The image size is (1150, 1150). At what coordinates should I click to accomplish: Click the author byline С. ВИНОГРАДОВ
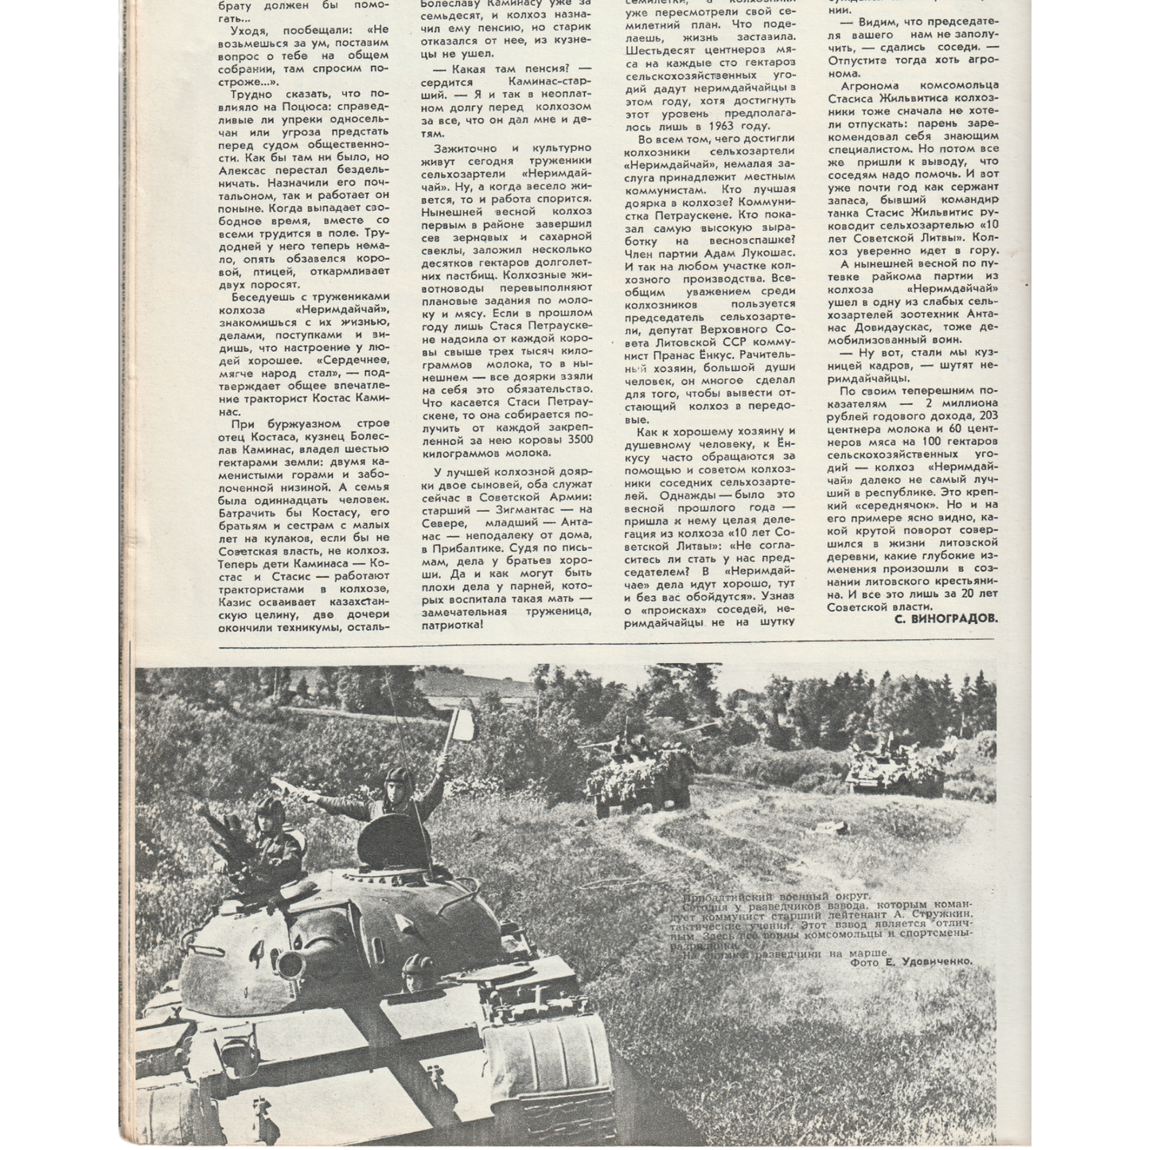(x=945, y=618)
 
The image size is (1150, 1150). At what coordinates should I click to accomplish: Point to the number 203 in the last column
(x=986, y=415)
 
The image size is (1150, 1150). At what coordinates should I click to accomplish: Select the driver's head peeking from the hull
(x=414, y=973)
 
